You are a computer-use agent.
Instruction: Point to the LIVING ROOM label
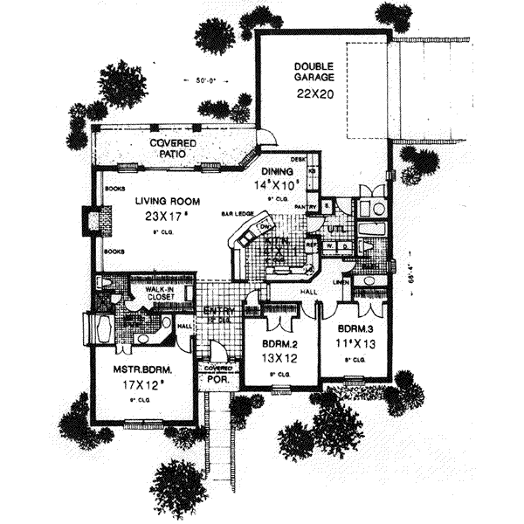point(163,200)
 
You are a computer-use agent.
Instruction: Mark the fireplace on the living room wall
point(92,218)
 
